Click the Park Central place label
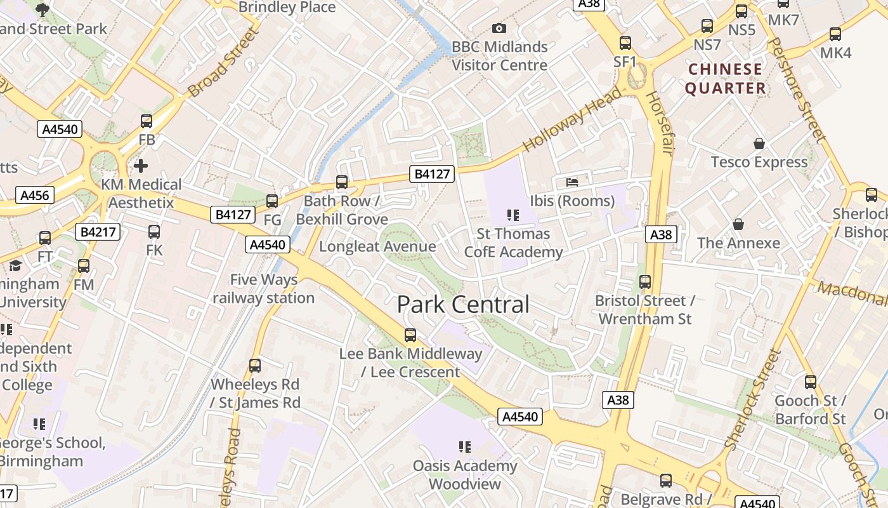tap(463, 305)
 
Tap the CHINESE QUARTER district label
tap(725, 79)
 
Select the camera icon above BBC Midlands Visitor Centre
tap(499, 28)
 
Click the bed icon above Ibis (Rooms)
tap(572, 182)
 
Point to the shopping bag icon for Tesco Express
tap(759, 144)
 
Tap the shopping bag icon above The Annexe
tap(738, 224)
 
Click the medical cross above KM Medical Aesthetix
tap(141, 166)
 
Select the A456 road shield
tap(35, 195)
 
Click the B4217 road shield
tap(98, 232)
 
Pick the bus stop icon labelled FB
tap(147, 121)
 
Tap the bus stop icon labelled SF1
tap(625, 43)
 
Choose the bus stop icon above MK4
tap(835, 34)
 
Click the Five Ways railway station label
tap(263, 289)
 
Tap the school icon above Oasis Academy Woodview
tap(465, 447)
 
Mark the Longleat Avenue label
tap(377, 246)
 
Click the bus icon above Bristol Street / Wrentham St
tap(645, 281)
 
